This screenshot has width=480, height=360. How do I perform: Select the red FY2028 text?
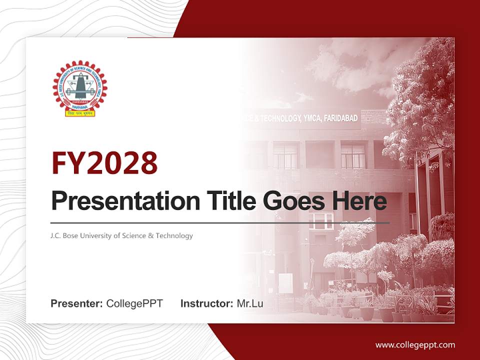click(x=104, y=163)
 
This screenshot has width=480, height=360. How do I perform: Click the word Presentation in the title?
click(x=118, y=201)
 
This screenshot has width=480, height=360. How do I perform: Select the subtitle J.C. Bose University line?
click(x=121, y=235)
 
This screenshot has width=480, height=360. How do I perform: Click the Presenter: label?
click(x=77, y=303)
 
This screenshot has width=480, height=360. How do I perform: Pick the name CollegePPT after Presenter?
click(x=134, y=303)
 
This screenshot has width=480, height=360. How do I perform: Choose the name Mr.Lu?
click(x=250, y=303)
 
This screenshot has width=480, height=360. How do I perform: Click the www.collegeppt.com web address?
click(x=415, y=344)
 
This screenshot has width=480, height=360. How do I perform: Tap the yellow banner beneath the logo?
click(x=80, y=113)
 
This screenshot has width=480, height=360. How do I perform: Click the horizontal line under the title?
click(x=220, y=222)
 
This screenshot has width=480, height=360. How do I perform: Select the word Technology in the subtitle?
click(x=175, y=235)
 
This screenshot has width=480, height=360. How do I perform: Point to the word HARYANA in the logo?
click(x=80, y=106)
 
